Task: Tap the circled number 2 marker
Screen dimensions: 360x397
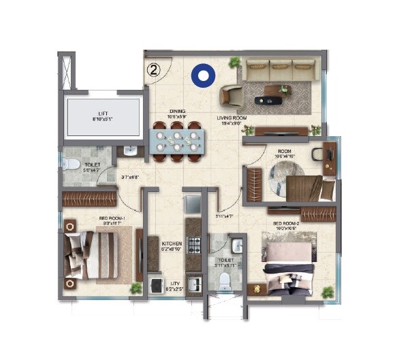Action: click(153, 69)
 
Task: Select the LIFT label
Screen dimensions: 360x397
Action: click(103, 114)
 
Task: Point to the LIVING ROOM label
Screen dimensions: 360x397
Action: click(231, 118)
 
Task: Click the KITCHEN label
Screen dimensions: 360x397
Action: click(171, 242)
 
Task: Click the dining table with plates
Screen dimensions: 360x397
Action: click(177, 142)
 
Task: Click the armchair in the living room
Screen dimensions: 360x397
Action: click(232, 96)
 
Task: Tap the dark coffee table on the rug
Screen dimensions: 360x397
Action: click(268, 100)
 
